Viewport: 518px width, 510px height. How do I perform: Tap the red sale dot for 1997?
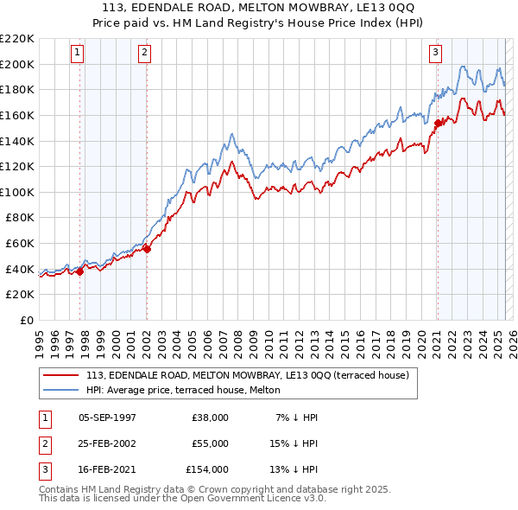[x=79, y=271]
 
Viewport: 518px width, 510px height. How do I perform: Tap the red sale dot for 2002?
[x=147, y=250]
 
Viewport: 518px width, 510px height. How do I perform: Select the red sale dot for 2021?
[x=438, y=123]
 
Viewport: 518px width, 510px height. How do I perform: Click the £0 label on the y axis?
[x=26, y=320]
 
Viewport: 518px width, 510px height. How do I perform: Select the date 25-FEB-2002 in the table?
[x=107, y=443]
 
